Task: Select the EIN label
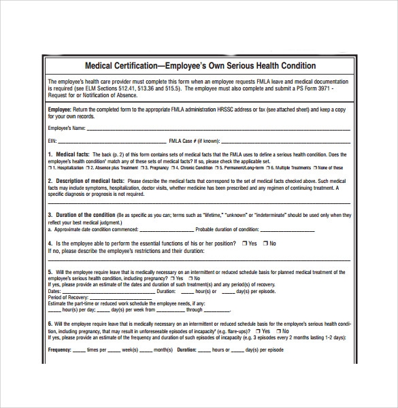click(52, 141)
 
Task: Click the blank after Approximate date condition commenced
click(156, 229)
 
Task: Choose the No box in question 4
click(266, 243)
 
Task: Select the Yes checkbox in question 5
click(172, 278)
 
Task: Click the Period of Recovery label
click(66, 297)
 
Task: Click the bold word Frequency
click(60, 350)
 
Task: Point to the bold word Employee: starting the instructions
click(59, 108)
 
